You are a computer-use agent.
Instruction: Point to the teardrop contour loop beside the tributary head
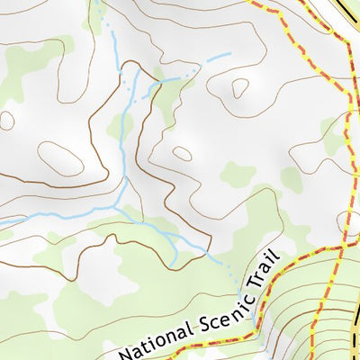click(239, 87)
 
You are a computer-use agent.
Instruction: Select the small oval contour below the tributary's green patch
click(182, 153)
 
